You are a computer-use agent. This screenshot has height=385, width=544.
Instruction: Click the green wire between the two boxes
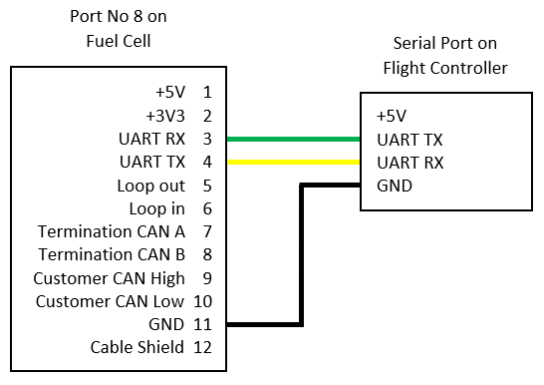[x=294, y=140]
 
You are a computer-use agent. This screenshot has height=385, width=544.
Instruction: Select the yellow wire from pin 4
[x=294, y=163]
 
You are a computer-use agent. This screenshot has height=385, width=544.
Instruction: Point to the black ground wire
[x=302, y=255]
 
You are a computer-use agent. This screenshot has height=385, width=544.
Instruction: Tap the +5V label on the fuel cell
[x=170, y=93]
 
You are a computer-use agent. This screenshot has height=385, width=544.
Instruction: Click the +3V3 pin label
[x=165, y=116]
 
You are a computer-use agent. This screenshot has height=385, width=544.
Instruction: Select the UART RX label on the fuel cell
[x=152, y=139]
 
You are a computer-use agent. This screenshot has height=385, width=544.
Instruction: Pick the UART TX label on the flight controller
[x=409, y=140]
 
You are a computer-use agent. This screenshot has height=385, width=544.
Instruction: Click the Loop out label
[x=150, y=186]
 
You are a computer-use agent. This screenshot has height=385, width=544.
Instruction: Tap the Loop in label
[x=156, y=208]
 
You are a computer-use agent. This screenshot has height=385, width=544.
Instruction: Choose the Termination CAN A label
[x=112, y=231]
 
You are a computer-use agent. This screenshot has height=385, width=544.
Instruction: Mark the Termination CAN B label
[x=112, y=254]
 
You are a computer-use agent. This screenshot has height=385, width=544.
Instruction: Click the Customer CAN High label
[x=109, y=278]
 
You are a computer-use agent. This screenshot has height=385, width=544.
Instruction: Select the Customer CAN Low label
[x=110, y=301]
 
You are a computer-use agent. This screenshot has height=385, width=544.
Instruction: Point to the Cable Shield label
[x=137, y=347]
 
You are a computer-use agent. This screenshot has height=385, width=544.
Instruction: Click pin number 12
[x=202, y=347]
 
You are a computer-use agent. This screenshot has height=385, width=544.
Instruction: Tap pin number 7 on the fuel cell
[x=207, y=231]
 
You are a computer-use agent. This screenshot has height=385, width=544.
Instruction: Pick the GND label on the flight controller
[x=395, y=186]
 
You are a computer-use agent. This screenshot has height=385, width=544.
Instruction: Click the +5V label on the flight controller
[x=392, y=116]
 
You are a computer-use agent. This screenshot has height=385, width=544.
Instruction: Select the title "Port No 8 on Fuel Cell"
[x=119, y=29]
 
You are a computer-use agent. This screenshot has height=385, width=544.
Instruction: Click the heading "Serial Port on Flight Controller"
[x=445, y=56]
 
